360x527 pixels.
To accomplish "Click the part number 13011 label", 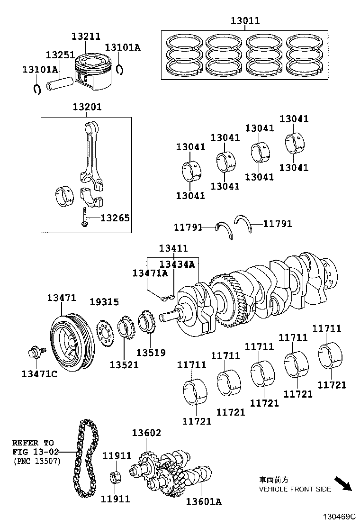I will (x=245, y=21).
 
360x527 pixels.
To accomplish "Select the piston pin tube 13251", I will (x=60, y=85).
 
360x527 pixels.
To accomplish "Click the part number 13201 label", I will (x=87, y=107).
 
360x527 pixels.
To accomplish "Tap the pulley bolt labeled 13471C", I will (x=35, y=353).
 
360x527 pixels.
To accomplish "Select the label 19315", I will (x=105, y=302).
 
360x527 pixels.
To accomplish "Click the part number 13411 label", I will (x=173, y=248).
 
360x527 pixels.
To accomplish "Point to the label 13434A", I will (x=178, y=264).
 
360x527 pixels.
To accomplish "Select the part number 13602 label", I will (x=146, y=433).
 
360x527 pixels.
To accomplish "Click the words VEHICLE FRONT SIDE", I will (x=295, y=489).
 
